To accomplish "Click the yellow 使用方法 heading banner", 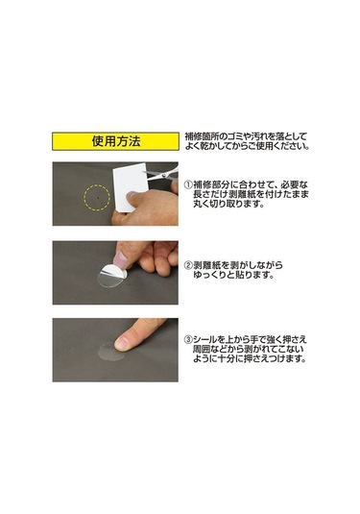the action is [115, 141].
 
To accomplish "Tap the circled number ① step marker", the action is [188, 184].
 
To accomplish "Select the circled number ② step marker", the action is [188, 265].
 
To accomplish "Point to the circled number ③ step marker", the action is [188, 339].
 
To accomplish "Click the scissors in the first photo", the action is [162, 175].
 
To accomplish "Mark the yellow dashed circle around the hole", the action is [97, 198].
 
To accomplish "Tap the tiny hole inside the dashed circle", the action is [97, 198].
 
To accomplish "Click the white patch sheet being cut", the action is [130, 186].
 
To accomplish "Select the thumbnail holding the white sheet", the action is [132, 195].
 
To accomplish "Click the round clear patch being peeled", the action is [112, 278].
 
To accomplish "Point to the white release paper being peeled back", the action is [114, 270].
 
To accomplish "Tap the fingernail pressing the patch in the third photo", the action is [123, 343].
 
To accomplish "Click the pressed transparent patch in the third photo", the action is [110, 352].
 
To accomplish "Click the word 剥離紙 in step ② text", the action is [206, 265].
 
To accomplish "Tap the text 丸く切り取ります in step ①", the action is [228, 204].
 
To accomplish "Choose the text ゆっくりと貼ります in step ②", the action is [233, 275].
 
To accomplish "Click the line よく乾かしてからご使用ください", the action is [247, 146].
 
